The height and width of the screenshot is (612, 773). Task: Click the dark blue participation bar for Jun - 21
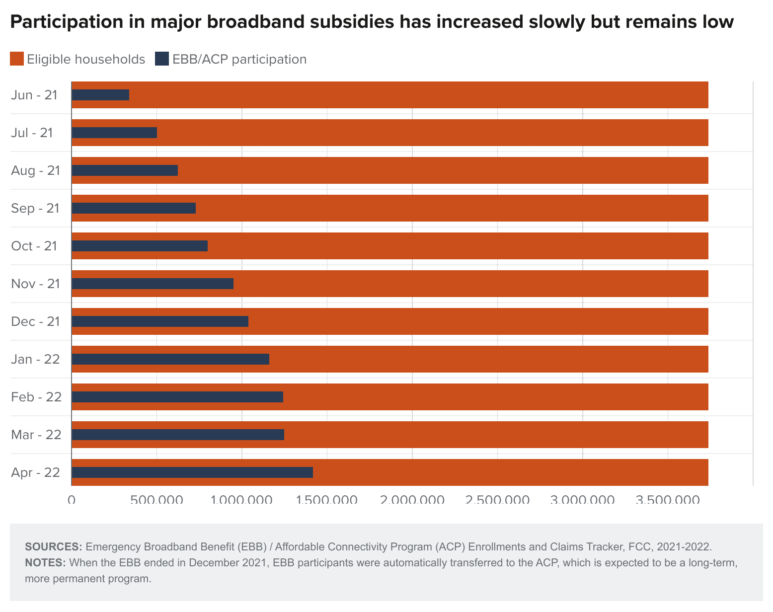(x=101, y=95)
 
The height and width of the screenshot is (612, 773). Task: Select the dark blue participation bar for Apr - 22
(x=192, y=472)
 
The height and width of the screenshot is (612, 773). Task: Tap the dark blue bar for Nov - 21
(x=153, y=284)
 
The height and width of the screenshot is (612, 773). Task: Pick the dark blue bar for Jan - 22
(x=170, y=359)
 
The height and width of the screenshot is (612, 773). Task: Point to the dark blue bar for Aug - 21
(x=125, y=170)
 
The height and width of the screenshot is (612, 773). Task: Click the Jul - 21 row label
(x=32, y=133)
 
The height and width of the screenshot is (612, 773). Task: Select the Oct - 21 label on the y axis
(x=34, y=246)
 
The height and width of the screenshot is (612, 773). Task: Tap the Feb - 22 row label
(x=36, y=397)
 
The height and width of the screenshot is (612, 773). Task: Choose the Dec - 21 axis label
(x=35, y=321)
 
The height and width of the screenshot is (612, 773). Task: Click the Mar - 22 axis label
(x=36, y=435)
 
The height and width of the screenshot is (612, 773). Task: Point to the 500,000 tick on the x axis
(x=156, y=499)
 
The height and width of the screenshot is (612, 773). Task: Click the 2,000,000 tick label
(x=412, y=499)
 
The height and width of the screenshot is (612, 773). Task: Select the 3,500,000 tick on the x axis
(x=668, y=499)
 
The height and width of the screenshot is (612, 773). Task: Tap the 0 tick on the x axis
(x=72, y=499)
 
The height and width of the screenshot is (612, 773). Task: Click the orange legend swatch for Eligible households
(x=17, y=59)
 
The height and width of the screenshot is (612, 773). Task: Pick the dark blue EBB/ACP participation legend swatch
(x=162, y=59)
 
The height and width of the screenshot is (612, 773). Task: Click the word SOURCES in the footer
(x=53, y=547)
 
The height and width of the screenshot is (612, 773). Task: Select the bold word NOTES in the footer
(x=45, y=563)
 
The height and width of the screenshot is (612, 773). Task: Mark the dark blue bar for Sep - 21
(x=134, y=208)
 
